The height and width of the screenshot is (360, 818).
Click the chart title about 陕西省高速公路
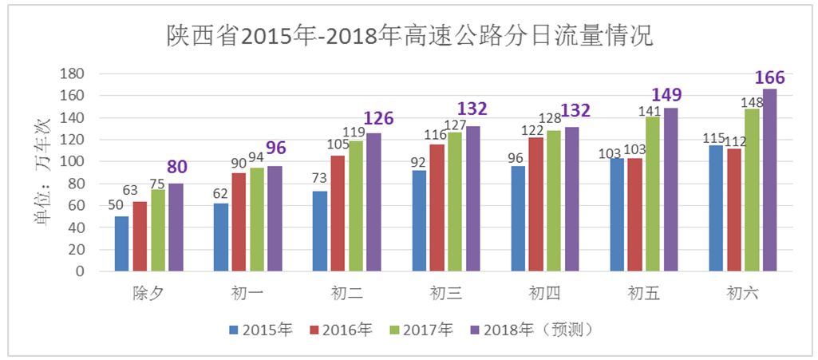(409, 36)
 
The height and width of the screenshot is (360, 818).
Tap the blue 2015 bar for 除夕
(121, 243)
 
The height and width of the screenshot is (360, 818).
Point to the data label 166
(770, 77)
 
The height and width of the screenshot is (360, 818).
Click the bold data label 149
(667, 96)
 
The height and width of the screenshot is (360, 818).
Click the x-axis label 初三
(446, 294)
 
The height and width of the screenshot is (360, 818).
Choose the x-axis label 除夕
(148, 294)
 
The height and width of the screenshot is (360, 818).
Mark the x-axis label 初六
(742, 294)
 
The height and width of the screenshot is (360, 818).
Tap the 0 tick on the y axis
(80, 271)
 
